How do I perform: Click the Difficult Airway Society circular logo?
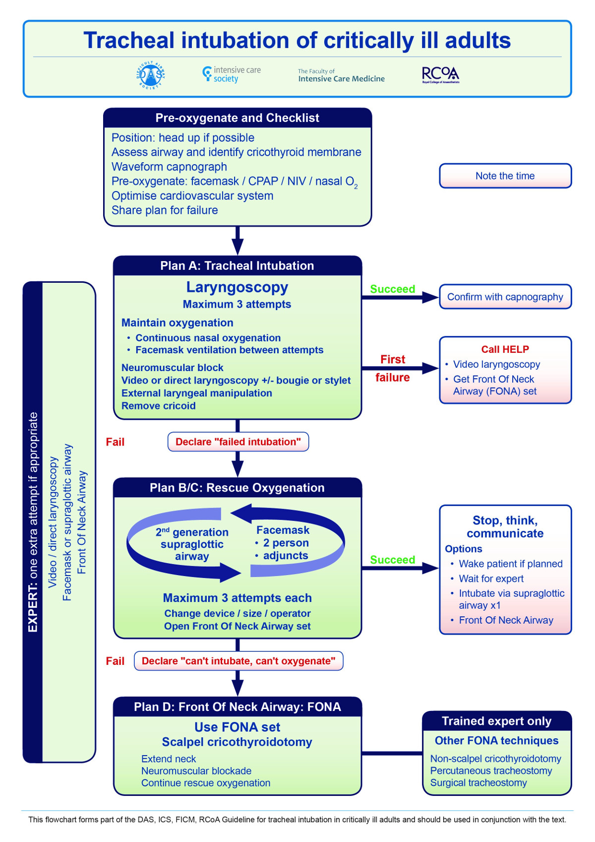click(151, 76)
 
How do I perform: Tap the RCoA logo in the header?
click(440, 75)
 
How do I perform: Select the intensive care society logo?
click(232, 74)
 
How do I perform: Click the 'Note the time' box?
click(505, 176)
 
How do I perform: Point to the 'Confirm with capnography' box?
click(505, 297)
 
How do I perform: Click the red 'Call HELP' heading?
click(505, 349)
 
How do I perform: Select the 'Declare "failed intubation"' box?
click(238, 442)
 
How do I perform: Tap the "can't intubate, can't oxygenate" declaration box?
click(238, 661)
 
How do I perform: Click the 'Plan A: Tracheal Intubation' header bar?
click(237, 266)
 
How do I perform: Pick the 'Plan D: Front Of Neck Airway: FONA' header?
click(237, 707)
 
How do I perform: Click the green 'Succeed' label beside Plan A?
click(392, 289)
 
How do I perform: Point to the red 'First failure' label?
click(392, 368)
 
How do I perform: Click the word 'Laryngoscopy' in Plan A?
click(237, 287)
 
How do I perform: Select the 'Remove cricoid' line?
click(159, 406)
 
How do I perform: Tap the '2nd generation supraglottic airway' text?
click(192, 544)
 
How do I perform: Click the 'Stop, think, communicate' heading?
click(505, 527)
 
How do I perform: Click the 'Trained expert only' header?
click(496, 721)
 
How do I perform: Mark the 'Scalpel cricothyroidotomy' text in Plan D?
click(237, 742)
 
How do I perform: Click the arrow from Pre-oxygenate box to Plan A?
click(238, 242)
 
